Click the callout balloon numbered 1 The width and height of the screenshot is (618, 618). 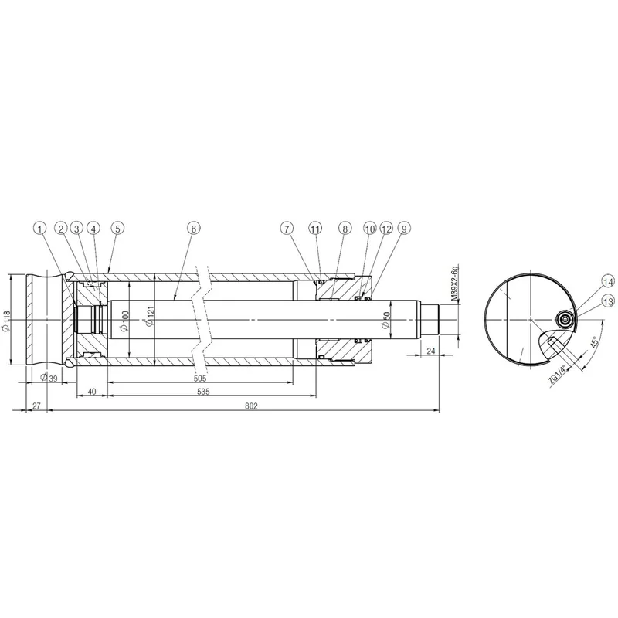pos(40,228)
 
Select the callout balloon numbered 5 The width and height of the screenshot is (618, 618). pos(117,228)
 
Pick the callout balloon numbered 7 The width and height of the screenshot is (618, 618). pos(287,228)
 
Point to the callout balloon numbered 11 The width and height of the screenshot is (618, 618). pos(315,228)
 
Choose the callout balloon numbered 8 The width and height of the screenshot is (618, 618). pos(345,228)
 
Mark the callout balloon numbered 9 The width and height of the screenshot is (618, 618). pos(404,228)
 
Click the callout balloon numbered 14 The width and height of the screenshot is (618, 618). pos(608,282)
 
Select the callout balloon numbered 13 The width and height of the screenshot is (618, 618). pos(608,302)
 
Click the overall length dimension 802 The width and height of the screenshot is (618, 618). pos(251,406)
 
